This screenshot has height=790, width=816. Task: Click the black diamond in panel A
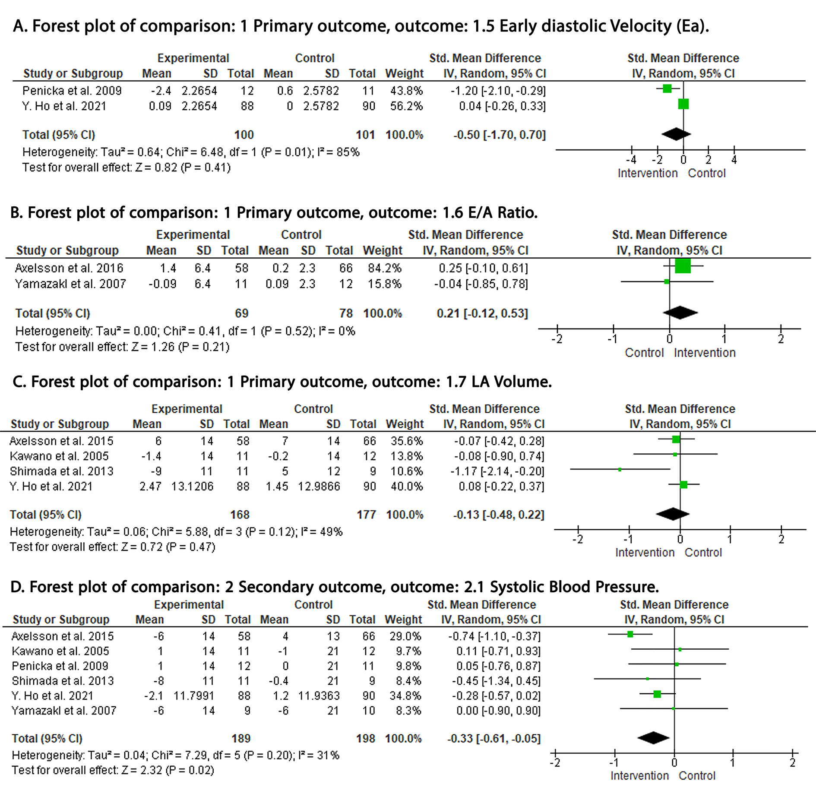[676, 134]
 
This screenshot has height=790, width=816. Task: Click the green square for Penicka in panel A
[667, 89]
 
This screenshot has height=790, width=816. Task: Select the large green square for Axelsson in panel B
[683, 265]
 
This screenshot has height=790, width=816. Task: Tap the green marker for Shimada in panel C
[620, 469]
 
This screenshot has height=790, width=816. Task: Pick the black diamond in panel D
[653, 738]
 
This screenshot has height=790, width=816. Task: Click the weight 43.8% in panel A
[406, 91]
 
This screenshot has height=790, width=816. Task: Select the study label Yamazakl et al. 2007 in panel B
[70, 284]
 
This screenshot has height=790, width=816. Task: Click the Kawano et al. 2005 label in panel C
[59, 456]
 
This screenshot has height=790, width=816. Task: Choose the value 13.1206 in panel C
[192, 487]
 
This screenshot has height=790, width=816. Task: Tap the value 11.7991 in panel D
[194, 695]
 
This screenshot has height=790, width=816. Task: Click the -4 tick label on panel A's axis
[631, 160]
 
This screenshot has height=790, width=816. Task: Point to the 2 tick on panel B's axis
[781, 339]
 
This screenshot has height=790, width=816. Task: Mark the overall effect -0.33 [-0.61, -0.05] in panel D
[493, 738]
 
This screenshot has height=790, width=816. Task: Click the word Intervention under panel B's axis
[705, 353]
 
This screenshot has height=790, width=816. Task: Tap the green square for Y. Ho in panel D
[657, 694]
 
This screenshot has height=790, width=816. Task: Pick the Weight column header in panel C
[405, 424]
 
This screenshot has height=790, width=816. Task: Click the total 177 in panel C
[366, 515]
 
